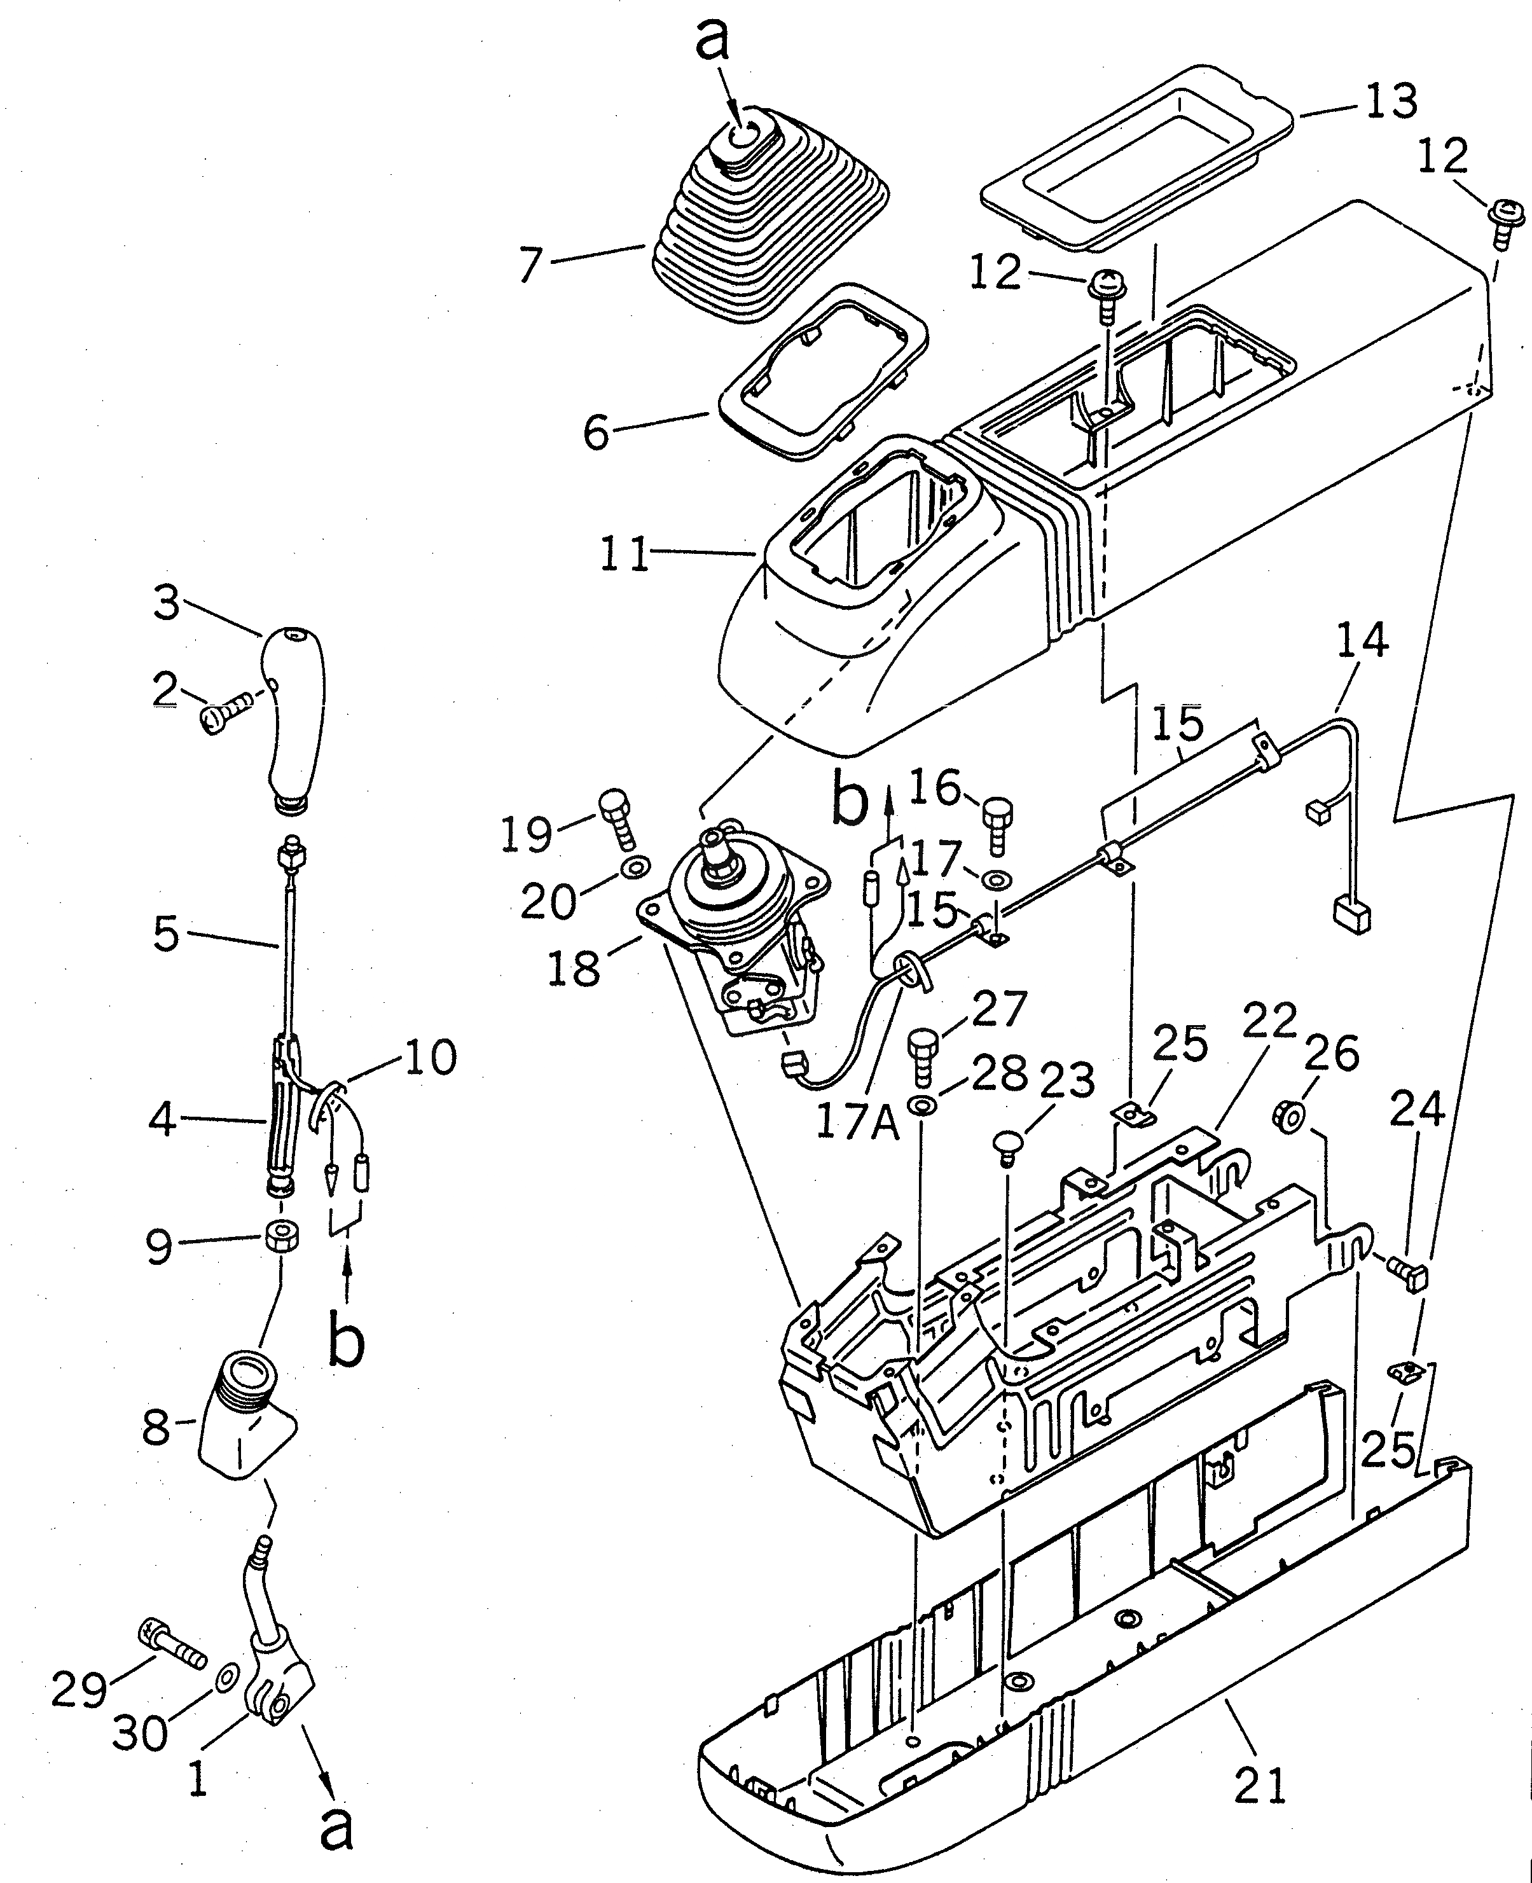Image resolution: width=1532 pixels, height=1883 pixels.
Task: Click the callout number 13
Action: coord(1391,102)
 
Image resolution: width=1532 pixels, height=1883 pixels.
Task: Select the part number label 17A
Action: coord(856,1123)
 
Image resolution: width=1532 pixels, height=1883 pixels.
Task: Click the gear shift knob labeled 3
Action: coord(294,715)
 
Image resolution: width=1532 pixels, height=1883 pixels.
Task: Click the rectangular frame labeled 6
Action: coord(821,371)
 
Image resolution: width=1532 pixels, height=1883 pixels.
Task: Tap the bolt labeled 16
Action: coord(997,822)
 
